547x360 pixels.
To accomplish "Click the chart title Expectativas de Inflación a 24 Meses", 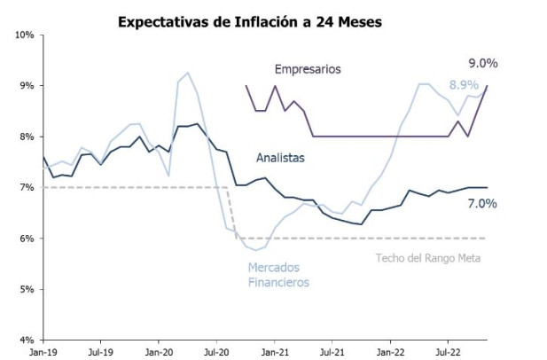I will point(250,21).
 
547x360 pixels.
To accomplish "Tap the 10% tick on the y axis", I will point(23,35).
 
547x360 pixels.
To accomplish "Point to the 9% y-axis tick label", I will point(26,86).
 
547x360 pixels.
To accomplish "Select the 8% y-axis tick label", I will point(26,137).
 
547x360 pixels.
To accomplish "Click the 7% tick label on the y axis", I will point(26,188).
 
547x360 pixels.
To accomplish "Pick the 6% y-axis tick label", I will point(26,239).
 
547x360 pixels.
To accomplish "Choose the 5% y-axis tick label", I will point(26,290).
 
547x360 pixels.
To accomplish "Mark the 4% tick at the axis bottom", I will point(26,340).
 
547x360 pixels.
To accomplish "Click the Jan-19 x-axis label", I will point(43,352).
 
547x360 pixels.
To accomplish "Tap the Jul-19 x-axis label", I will point(100,352).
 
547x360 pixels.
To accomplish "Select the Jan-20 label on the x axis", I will point(159,352).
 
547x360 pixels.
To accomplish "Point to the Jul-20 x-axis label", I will point(216,352).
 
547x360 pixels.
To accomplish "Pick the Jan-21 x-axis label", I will point(275,352).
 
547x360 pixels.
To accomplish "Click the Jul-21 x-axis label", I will point(332,352).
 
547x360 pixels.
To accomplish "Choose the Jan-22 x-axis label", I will point(390,352).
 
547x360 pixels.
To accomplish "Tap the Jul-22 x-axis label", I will point(447,352).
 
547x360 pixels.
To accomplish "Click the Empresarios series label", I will point(308,69).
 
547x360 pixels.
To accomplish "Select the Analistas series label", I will point(280,158).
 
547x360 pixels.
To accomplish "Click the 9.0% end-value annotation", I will point(483,64).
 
